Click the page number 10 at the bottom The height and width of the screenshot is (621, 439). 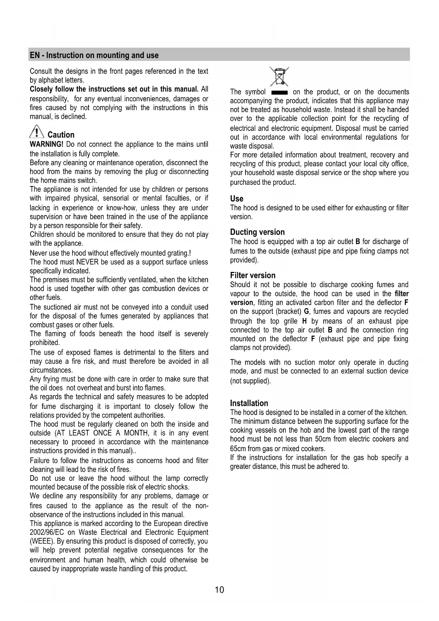point(219,589)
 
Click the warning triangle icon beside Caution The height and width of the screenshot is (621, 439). point(36,132)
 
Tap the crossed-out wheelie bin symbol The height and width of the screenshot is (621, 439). point(279,76)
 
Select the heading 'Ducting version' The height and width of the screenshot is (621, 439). point(257,232)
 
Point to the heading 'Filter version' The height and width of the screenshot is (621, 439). point(253,275)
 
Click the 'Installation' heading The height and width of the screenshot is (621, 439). point(249,403)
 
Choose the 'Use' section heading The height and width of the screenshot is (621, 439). point(237,199)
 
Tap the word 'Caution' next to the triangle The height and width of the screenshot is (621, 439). point(61,135)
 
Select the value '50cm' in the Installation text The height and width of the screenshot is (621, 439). point(323,439)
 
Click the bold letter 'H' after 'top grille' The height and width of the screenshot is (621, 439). point(304,321)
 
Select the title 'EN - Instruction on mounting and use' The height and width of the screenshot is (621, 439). point(94,55)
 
